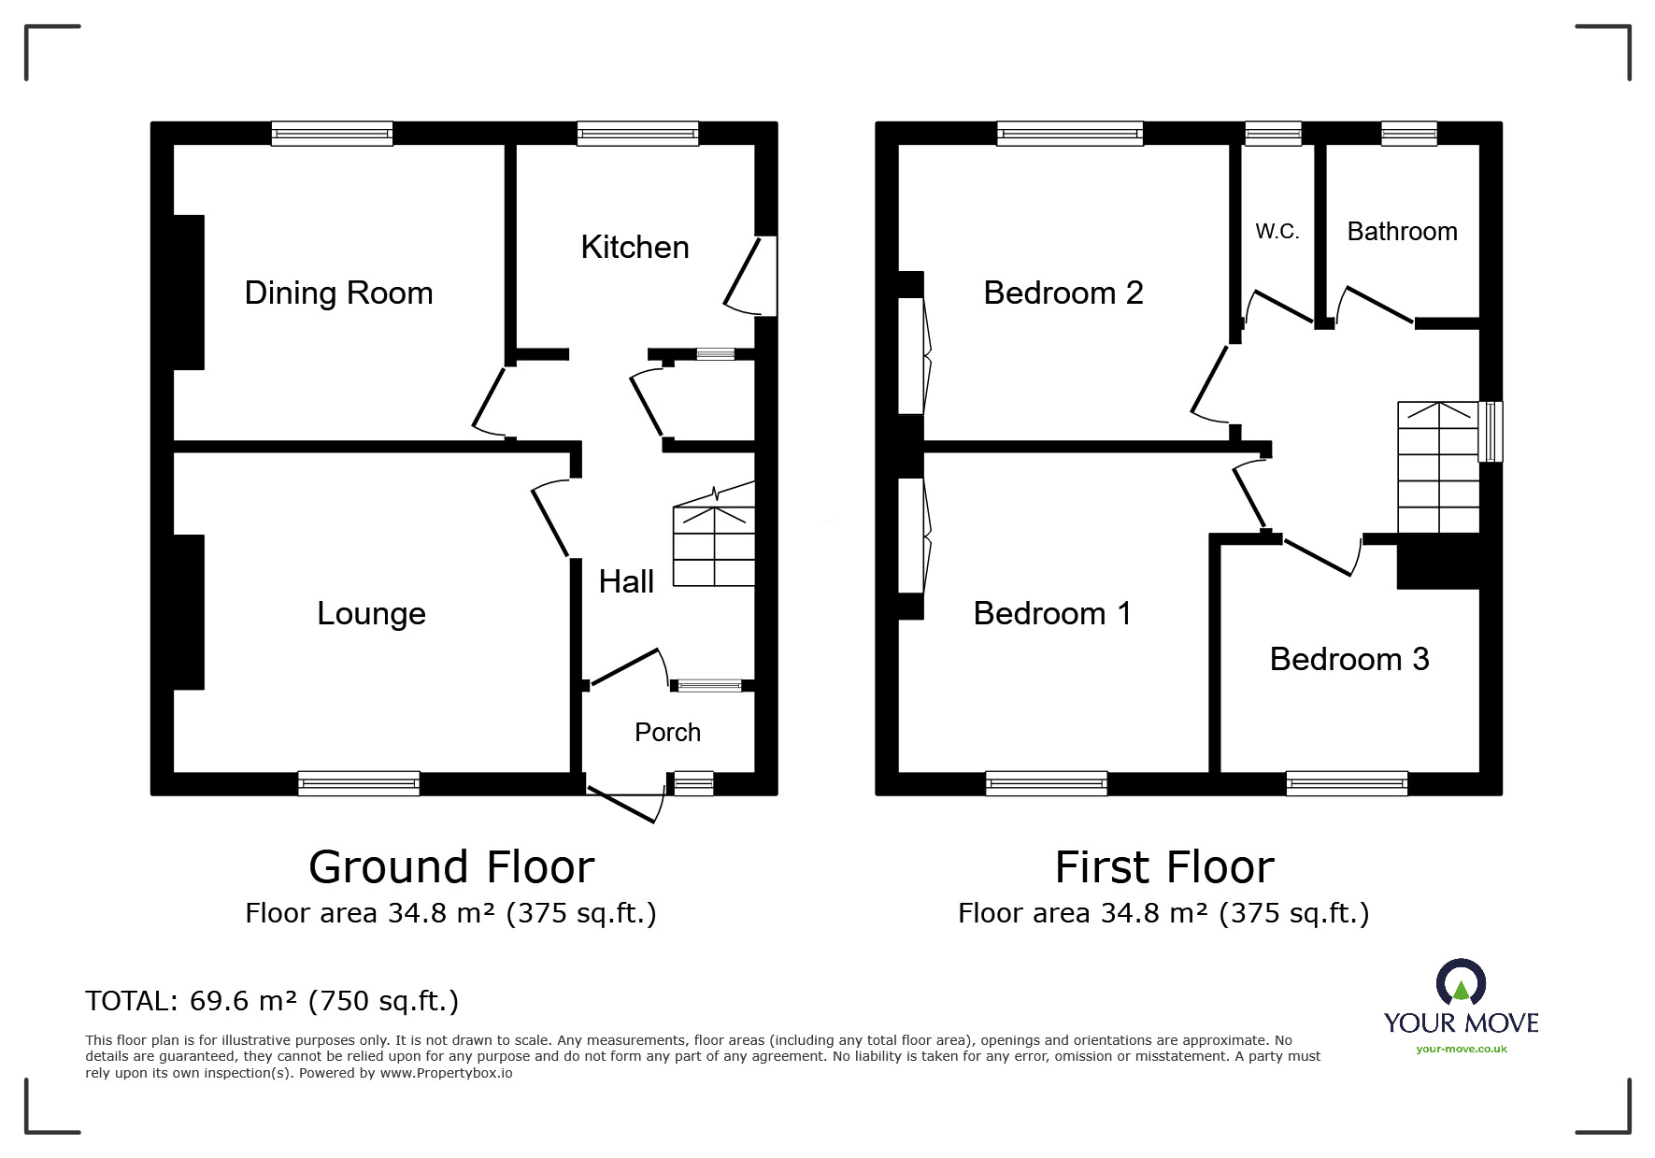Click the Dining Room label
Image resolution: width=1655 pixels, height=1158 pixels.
click(x=338, y=293)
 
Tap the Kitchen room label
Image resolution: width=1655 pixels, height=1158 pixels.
click(x=635, y=248)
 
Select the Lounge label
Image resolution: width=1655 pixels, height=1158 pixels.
click(x=371, y=614)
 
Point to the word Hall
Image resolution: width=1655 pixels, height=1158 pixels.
click(x=626, y=581)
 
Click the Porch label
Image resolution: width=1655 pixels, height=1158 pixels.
click(x=667, y=732)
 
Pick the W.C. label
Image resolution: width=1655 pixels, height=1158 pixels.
click(x=1277, y=232)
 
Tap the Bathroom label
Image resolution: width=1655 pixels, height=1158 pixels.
click(x=1402, y=232)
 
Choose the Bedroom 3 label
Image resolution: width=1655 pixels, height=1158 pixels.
click(x=1349, y=660)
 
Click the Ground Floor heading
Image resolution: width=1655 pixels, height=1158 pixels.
click(x=451, y=867)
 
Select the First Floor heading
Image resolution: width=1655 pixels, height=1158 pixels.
click(x=1164, y=867)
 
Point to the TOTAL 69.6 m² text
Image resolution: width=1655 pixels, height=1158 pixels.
click(x=272, y=1001)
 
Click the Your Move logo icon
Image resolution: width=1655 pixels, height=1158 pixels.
click(x=1461, y=982)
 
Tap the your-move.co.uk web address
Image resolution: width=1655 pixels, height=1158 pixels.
click(x=1462, y=1049)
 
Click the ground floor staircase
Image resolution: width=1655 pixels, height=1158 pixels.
click(x=714, y=535)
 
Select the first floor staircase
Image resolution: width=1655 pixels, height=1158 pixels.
click(x=1438, y=467)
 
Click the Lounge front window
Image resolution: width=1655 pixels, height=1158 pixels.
click(x=359, y=783)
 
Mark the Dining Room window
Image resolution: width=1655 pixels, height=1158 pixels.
click(x=332, y=134)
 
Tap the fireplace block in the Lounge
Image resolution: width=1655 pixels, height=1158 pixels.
click(x=189, y=612)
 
